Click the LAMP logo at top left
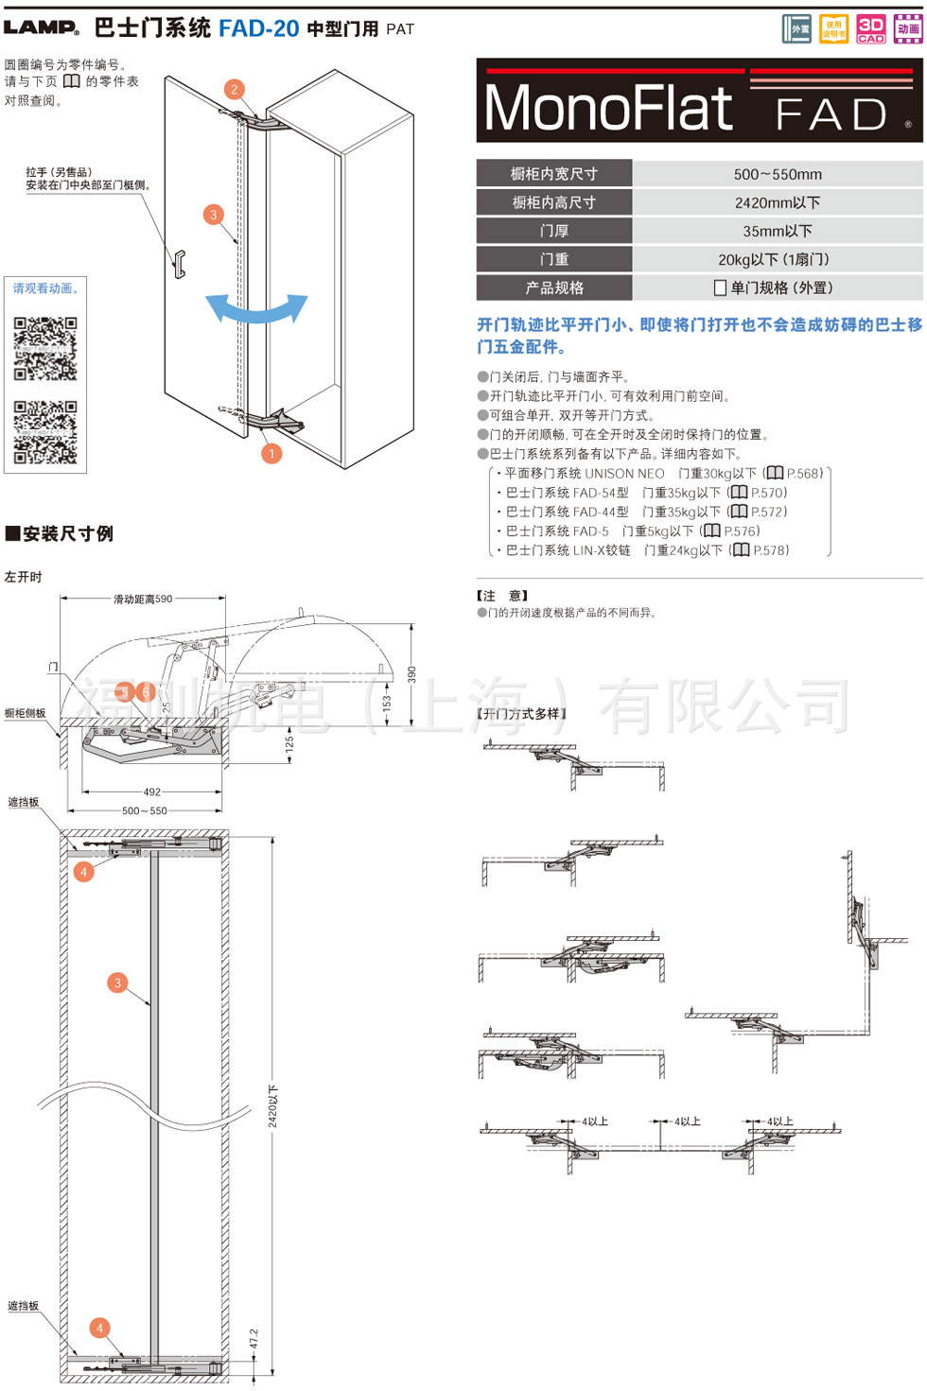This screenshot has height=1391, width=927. point(42,27)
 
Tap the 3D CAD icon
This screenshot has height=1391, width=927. point(870,29)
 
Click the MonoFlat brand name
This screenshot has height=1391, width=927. point(608,109)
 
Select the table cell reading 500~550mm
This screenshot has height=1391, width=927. point(778,174)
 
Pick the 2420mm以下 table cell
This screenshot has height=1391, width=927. point(778,202)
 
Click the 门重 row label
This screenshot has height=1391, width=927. point(554,259)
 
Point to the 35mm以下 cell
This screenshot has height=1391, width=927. point(778,231)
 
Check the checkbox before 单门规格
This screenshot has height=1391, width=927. point(721,288)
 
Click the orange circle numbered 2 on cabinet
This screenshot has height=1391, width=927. point(235,89)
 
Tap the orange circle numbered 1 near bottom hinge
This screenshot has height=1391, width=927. point(271,454)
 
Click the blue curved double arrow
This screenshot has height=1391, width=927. point(257,308)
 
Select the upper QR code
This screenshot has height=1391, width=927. point(45,348)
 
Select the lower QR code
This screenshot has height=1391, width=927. point(45,432)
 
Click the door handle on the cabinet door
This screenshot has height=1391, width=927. point(179,264)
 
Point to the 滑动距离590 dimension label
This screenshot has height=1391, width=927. point(143,599)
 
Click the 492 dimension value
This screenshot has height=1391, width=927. point(152,792)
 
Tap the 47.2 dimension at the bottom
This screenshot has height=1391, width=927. point(254,1339)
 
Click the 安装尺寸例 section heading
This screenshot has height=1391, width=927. point(60,533)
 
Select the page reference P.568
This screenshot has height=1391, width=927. point(804,473)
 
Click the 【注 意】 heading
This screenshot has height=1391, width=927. point(502,596)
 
